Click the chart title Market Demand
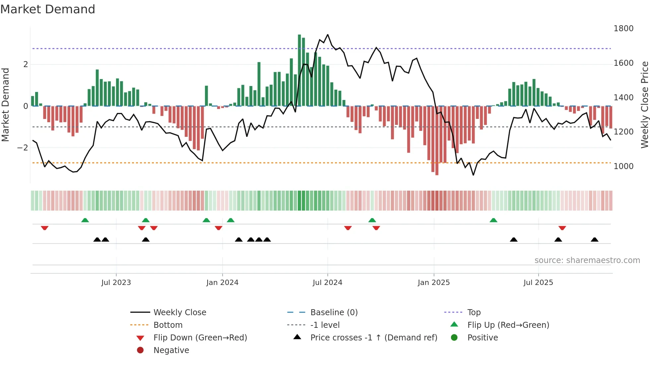pyautogui.click(x=48, y=9)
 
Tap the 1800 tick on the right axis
pyautogui.click(x=623, y=29)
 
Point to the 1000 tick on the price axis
pyautogui.click(x=623, y=166)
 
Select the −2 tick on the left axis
pyautogui.click(x=23, y=148)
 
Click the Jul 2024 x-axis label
pyautogui.click(x=327, y=283)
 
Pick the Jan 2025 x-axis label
pyautogui.click(x=433, y=283)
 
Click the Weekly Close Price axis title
pyautogui.click(x=644, y=105)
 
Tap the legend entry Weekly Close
pyautogui.click(x=179, y=313)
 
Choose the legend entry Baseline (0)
pyautogui.click(x=334, y=313)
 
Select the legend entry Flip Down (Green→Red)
pyautogui.click(x=200, y=338)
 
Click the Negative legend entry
pyautogui.click(x=171, y=350)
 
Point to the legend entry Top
pyautogui.click(x=474, y=313)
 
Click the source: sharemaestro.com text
pyautogui.click(x=587, y=260)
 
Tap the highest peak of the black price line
pyautogui.click(x=328, y=35)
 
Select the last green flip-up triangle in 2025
pyautogui.click(x=493, y=220)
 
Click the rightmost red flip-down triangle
pyautogui.click(x=562, y=228)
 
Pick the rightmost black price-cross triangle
pyautogui.click(x=595, y=239)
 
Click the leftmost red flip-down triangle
pyautogui.click(x=44, y=228)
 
